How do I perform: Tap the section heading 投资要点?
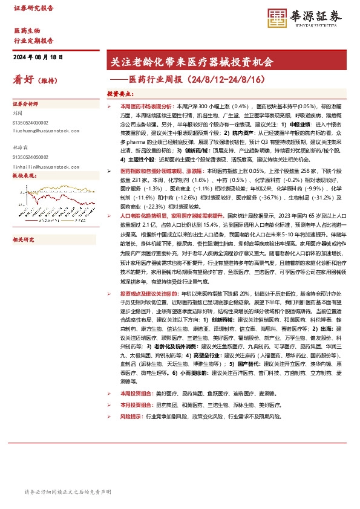(120, 94)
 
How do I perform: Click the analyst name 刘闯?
(18, 112)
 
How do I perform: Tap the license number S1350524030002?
(33, 122)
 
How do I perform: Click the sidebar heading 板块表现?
(25, 175)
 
